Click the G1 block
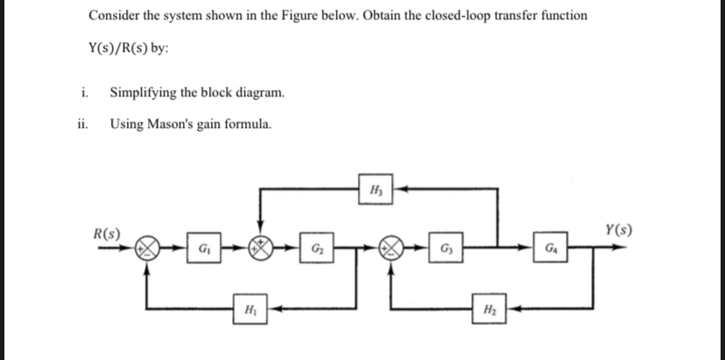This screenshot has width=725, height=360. [204, 250]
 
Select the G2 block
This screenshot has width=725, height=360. [313, 250]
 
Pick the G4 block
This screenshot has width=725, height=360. [550, 250]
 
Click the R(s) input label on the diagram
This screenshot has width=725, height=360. [108, 234]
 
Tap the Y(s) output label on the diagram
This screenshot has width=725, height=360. [618, 232]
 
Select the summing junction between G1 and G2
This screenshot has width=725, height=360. [259, 249]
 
